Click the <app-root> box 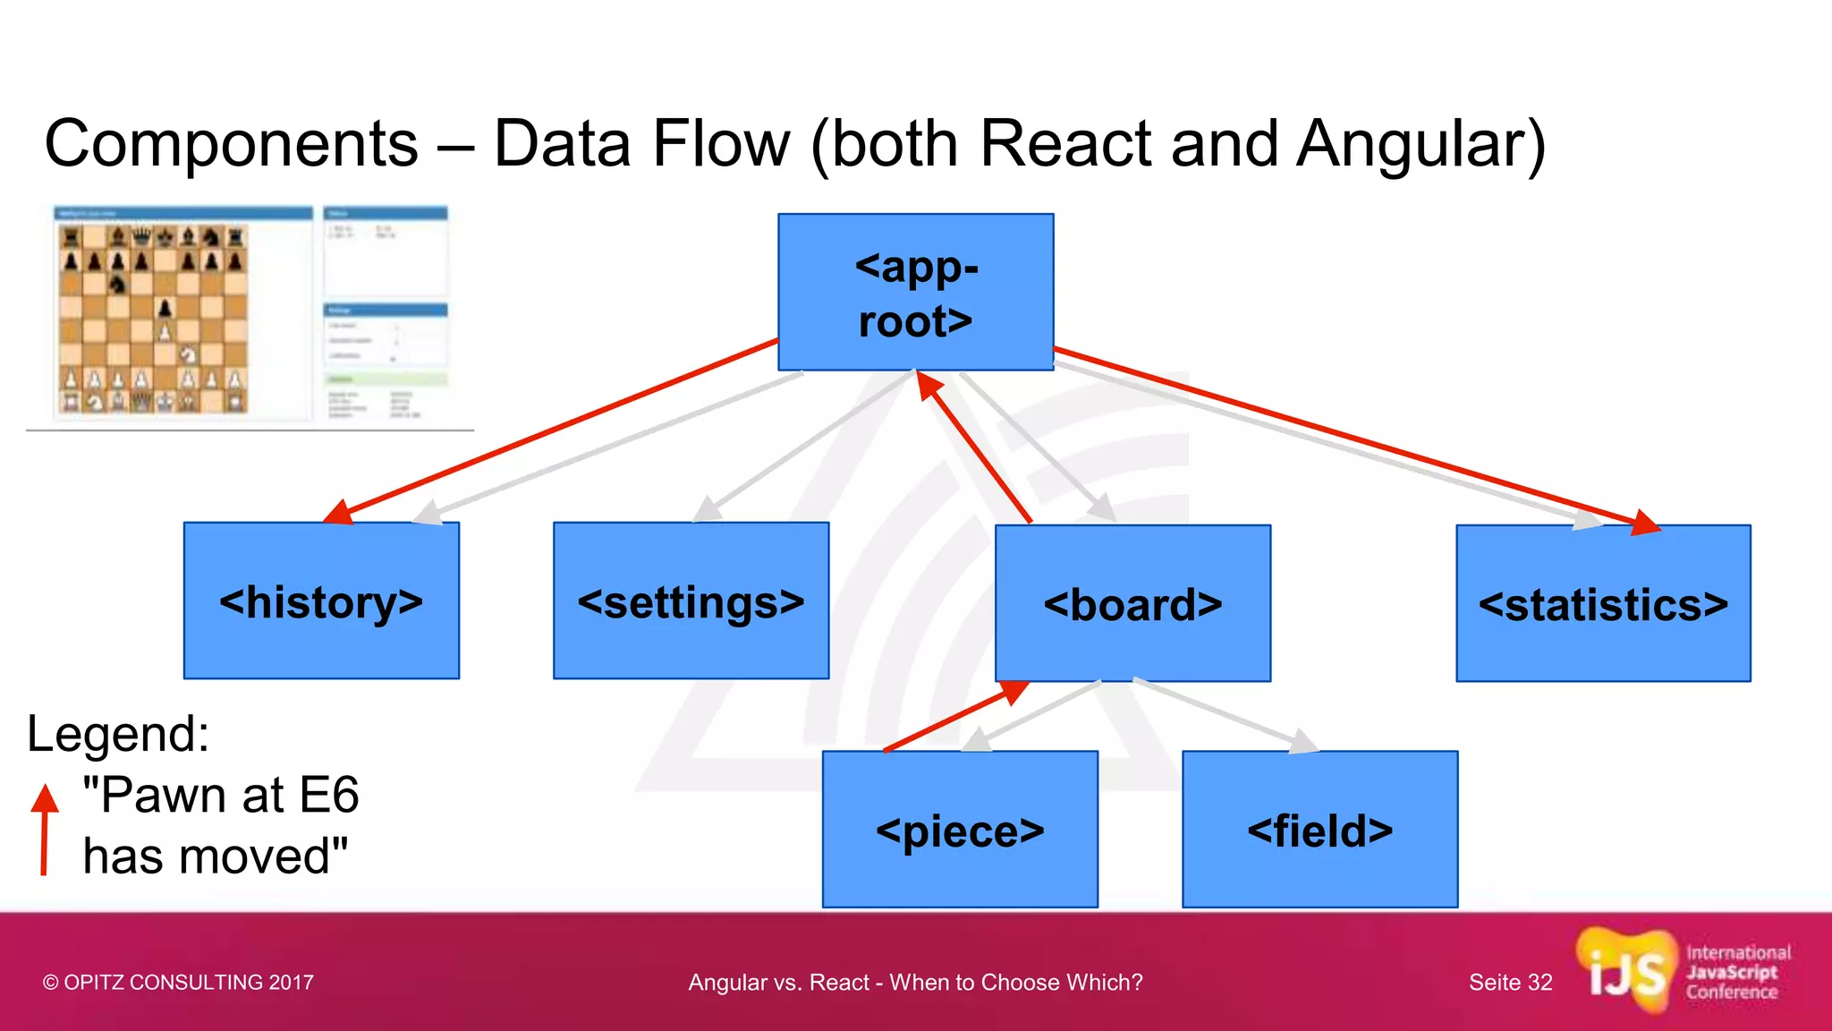915,292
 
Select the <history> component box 321,601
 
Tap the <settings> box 691,601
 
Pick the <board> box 1132,603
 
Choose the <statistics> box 1603,603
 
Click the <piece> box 960,829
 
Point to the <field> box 1319,829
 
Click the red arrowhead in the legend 45,797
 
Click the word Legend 117,734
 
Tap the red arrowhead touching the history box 339,513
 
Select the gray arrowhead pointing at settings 708,510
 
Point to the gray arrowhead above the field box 1302,742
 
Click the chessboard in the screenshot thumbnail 152,319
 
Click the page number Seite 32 1510,983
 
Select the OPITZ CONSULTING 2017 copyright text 178,983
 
